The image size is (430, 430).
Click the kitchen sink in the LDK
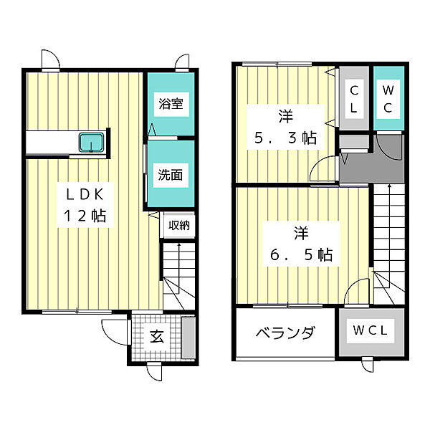coord(91,142)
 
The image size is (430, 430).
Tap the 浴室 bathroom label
coord(171,104)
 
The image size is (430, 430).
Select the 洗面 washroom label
coord(171,175)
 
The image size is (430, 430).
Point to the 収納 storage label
coord(179,225)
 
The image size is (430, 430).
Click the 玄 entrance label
coord(157,336)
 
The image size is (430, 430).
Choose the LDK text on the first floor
coord(85,195)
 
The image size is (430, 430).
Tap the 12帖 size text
coord(85,216)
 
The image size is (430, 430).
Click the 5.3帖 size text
coord(286,138)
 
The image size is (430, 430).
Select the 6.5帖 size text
coord(302,254)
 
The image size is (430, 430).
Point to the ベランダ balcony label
coord(285,333)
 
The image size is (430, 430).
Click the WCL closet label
coord(371,330)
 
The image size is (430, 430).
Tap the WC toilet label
coord(388,99)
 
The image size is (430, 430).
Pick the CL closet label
coord(354,100)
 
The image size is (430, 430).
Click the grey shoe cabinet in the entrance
coord(188,338)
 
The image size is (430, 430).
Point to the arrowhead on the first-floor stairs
coord(179,245)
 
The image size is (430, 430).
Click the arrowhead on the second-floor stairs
coord(389,186)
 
